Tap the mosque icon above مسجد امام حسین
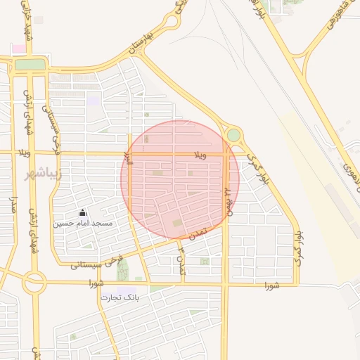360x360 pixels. (83, 212)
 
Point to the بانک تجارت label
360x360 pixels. (120, 297)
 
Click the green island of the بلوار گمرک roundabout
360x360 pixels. (233, 134)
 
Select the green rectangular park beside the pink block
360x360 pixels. (29, 64)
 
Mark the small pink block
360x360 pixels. (18, 49)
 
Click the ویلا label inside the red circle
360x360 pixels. (201, 155)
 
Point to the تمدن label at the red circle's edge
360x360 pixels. (200, 232)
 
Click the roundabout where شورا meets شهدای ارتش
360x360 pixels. (34, 283)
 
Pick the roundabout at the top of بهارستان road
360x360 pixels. (171, 20)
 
